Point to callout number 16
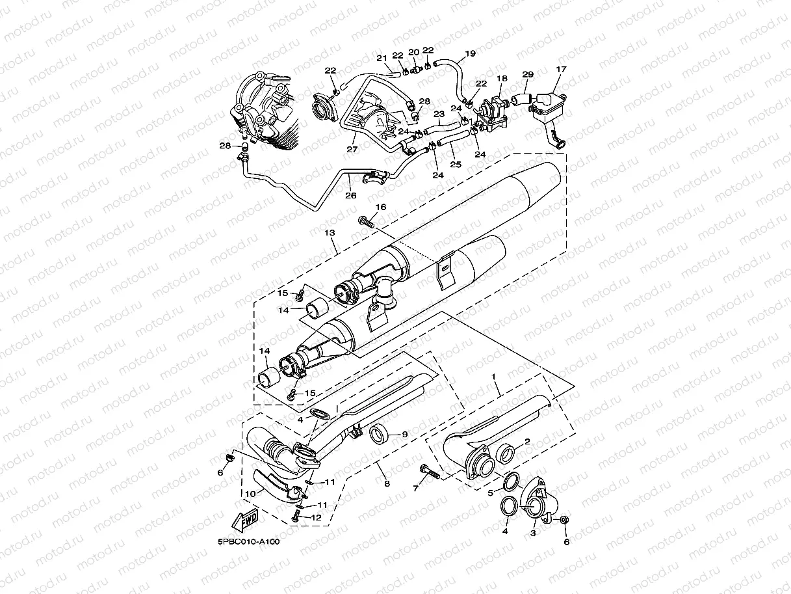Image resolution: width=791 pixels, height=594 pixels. pos(380,208)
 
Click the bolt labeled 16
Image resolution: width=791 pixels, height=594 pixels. pos(366,222)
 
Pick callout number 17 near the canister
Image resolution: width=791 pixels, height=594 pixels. pos(561,70)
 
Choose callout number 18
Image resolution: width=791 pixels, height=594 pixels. pos(502,78)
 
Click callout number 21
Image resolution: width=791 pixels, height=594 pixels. pos(382,59)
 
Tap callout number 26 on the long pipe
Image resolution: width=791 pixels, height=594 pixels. pos(350,195)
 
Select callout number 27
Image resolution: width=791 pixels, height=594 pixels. pos(352,149)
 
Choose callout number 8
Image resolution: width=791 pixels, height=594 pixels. pos(387,483)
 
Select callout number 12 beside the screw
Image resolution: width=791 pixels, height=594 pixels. pos(317,518)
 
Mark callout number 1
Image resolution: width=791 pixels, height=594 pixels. pos(494,377)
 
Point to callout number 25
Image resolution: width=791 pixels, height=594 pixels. pos(456,165)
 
